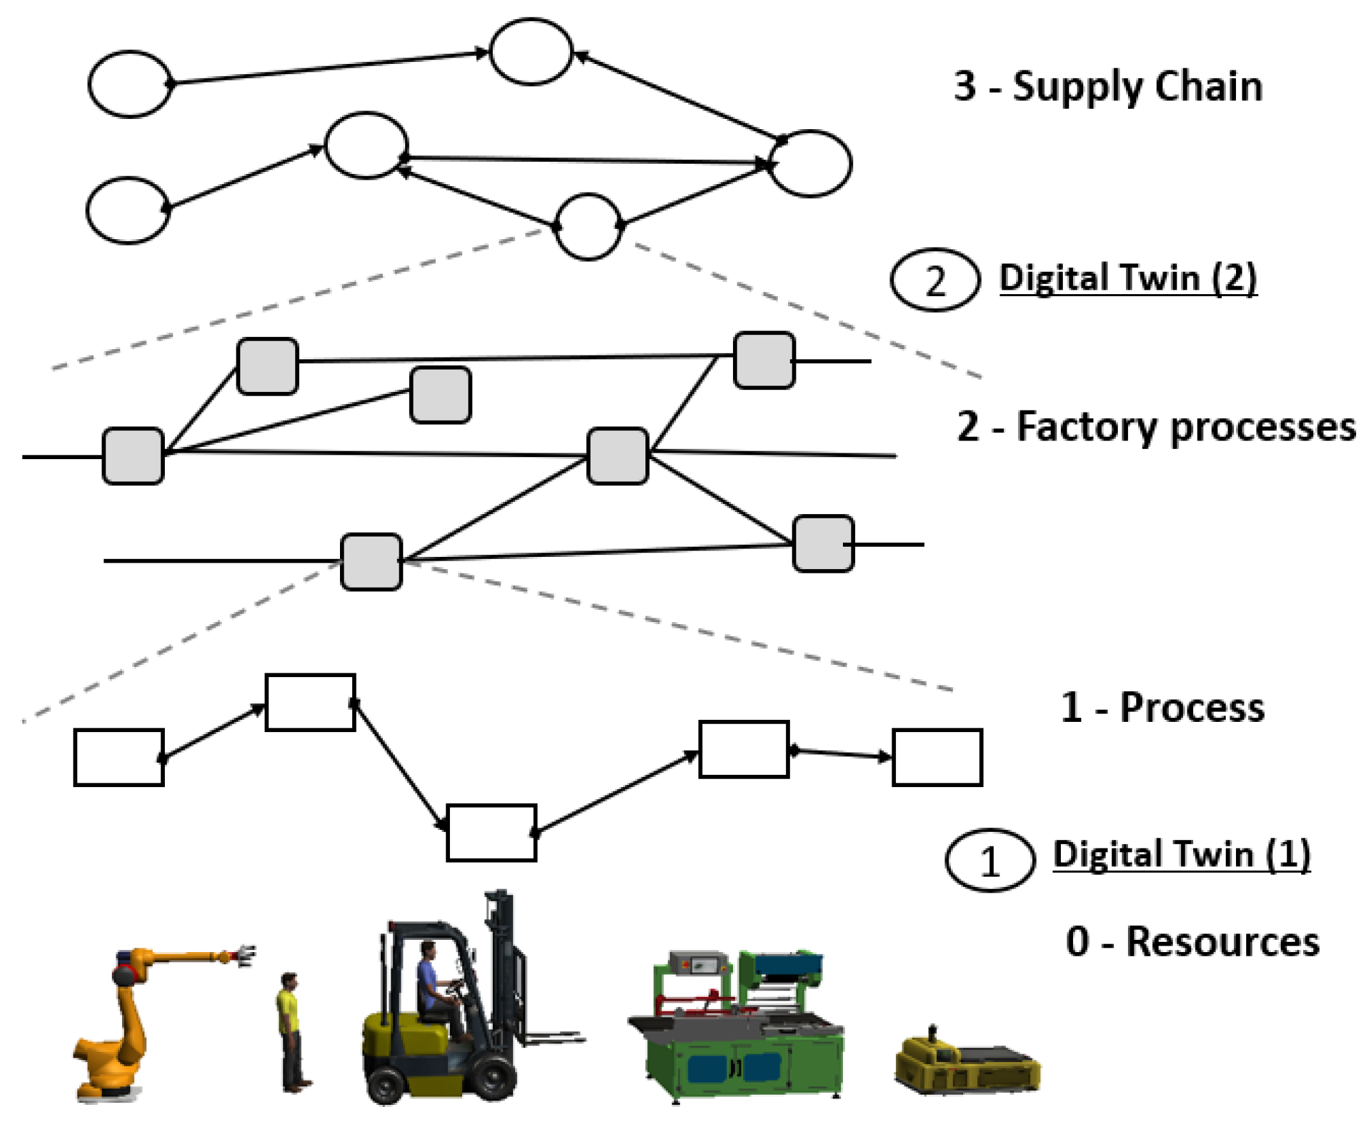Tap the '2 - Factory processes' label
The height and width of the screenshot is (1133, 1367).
point(1156,427)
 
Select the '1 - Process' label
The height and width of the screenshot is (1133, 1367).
point(1162,707)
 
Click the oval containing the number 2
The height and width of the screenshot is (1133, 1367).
point(935,280)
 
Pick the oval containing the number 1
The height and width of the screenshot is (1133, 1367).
point(989,860)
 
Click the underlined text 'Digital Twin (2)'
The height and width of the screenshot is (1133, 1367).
point(1128,278)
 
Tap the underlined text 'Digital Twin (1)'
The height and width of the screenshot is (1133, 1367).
point(1182,854)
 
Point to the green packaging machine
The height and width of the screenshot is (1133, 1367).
point(736,1029)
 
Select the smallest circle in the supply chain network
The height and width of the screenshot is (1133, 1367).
point(589,226)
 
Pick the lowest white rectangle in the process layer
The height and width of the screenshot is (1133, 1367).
point(491,833)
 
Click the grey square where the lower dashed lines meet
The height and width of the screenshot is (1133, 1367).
point(372,561)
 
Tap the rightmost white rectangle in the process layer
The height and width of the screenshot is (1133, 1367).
point(937,757)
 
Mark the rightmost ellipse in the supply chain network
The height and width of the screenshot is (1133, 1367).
point(810,164)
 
